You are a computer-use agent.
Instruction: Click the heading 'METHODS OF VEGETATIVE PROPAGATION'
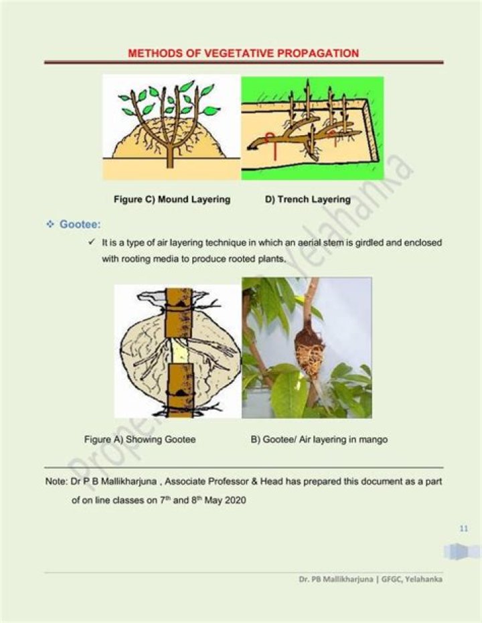(x=243, y=53)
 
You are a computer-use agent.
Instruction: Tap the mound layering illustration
(x=171, y=127)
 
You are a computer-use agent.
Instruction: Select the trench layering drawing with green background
(x=312, y=127)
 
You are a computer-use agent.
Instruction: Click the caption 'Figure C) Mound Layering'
(x=172, y=199)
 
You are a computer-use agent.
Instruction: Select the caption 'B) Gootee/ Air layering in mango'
(x=319, y=440)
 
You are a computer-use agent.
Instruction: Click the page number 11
(x=463, y=529)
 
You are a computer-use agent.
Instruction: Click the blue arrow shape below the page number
(x=462, y=551)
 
